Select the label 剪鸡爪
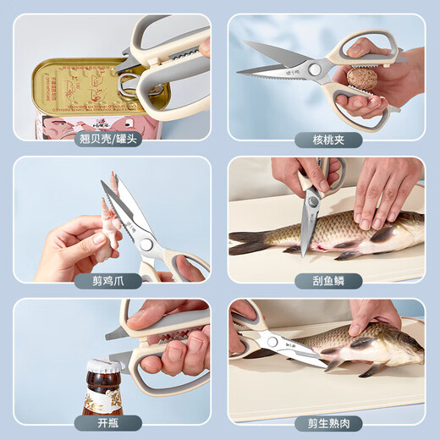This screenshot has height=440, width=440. click(112, 282)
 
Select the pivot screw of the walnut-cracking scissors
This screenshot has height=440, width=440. click(315, 69)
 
